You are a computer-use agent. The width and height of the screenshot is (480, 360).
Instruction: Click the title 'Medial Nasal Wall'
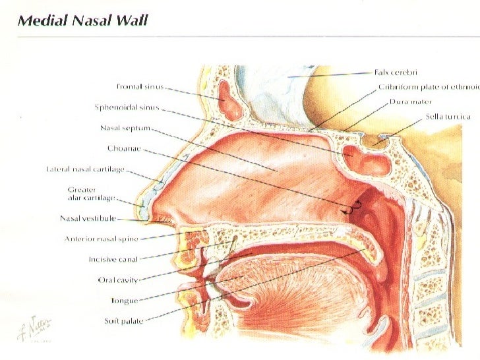click(84, 20)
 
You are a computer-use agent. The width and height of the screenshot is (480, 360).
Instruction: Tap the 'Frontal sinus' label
click(138, 86)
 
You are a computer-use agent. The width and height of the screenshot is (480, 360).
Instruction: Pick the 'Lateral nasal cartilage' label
click(85, 169)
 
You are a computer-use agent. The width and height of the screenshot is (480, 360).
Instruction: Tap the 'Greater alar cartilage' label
click(92, 193)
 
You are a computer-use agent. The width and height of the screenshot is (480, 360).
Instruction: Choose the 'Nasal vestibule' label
click(88, 218)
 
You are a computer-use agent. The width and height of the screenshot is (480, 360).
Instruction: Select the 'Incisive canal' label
click(114, 259)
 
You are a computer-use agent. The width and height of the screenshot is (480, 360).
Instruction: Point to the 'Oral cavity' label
click(118, 280)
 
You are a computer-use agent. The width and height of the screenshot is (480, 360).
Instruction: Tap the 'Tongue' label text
click(124, 301)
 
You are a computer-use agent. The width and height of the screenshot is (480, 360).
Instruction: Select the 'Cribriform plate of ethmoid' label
click(428, 87)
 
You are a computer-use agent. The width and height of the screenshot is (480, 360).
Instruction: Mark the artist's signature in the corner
click(44, 328)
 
